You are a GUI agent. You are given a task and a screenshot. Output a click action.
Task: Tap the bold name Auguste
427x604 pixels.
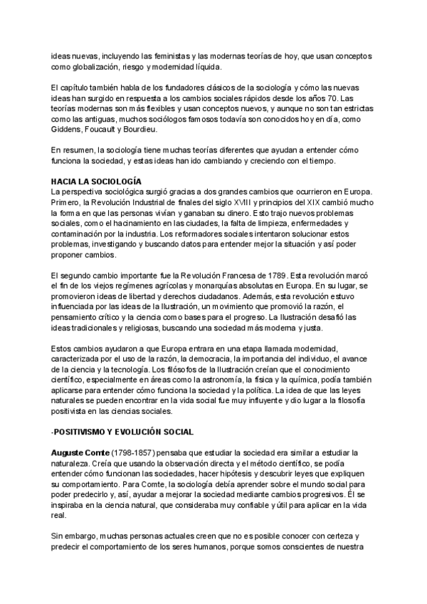tap(72, 452)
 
